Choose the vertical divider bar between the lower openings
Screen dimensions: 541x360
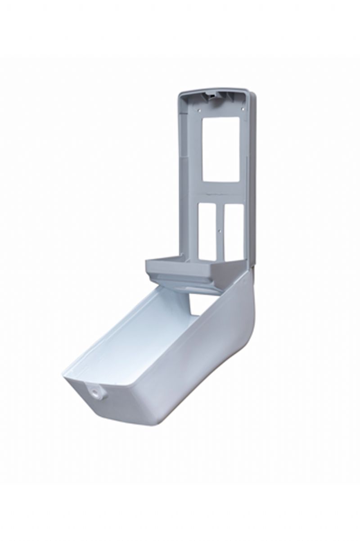point(219,221)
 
